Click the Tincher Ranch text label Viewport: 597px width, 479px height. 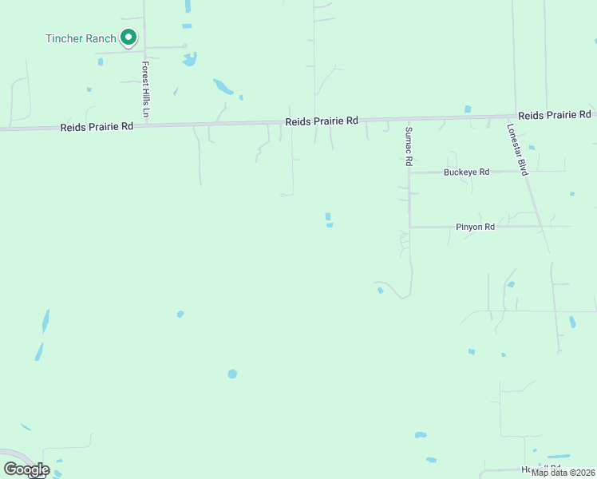[x=81, y=38]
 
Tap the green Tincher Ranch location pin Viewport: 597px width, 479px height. [x=128, y=37]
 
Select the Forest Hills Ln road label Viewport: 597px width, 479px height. [x=146, y=89]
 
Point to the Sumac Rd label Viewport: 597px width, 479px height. [x=409, y=146]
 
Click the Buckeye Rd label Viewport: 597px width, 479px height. [x=466, y=172]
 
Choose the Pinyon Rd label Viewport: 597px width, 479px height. [x=476, y=227]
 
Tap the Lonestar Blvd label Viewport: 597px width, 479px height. [x=519, y=149]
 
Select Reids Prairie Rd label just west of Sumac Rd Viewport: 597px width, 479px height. [x=322, y=121]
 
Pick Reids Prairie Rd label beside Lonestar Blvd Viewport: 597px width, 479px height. [x=555, y=115]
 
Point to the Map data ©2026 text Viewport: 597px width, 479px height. [x=563, y=473]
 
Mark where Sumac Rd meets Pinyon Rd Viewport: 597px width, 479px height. [x=410, y=227]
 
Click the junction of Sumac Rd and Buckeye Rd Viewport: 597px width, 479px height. [x=409, y=172]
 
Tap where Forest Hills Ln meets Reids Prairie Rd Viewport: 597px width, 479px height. [x=146, y=125]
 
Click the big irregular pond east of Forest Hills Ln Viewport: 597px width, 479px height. [x=223, y=86]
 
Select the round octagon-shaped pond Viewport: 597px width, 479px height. [x=232, y=373]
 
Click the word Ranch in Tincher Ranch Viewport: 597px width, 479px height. [x=101, y=38]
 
